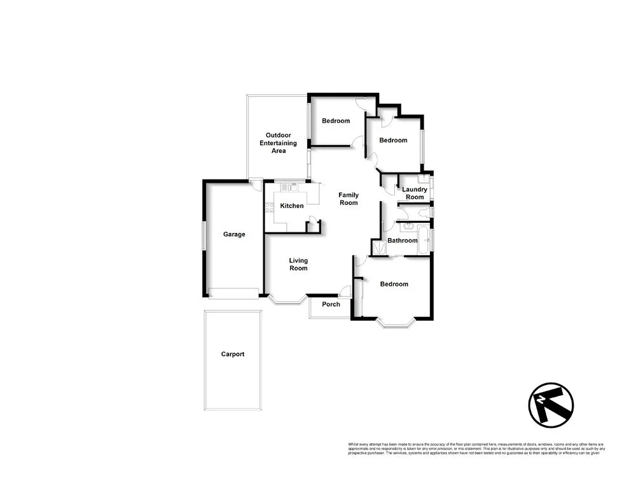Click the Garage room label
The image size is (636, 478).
click(233, 234)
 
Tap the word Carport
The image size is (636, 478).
click(232, 354)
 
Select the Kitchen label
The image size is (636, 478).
click(292, 206)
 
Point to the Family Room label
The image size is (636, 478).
click(349, 199)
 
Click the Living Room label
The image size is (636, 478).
click(298, 264)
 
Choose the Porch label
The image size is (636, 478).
click(331, 304)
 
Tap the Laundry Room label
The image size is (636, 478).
click(414, 193)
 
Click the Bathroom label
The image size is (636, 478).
click(403, 241)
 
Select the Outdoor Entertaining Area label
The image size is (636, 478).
click(276, 143)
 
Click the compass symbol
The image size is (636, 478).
click(551, 405)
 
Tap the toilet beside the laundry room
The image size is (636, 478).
click(429, 212)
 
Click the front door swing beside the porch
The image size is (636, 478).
click(345, 292)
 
